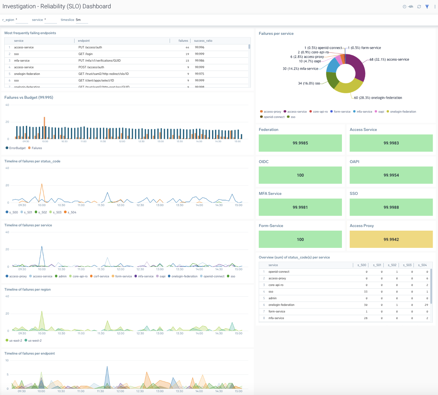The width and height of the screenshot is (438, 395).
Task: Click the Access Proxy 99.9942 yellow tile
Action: pyautogui.click(x=391, y=239)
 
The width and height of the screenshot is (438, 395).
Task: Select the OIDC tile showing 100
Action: pyautogui.click(x=300, y=175)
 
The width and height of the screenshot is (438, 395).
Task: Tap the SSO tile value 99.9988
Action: pyautogui.click(x=391, y=207)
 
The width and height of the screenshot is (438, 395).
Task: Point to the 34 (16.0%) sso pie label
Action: pyautogui.click(x=309, y=84)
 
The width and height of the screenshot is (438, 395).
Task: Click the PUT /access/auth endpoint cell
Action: pyautogui.click(x=90, y=47)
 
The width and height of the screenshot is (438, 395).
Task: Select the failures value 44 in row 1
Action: pyautogui.click(x=187, y=47)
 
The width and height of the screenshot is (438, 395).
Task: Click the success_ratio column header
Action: pyautogui.click(x=203, y=41)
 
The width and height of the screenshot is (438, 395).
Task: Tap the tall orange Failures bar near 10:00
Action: pyautogui.click(x=44, y=128)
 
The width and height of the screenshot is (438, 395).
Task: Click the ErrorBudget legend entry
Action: pyautogui.click(x=16, y=148)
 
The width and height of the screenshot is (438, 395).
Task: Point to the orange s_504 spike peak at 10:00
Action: pyautogui.click(x=42, y=184)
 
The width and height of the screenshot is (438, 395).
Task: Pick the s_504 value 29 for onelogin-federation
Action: pyautogui.click(x=426, y=305)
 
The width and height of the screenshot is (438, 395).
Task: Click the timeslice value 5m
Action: pyautogui.click(x=78, y=20)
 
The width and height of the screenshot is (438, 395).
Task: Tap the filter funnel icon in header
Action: pyautogui.click(x=427, y=7)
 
